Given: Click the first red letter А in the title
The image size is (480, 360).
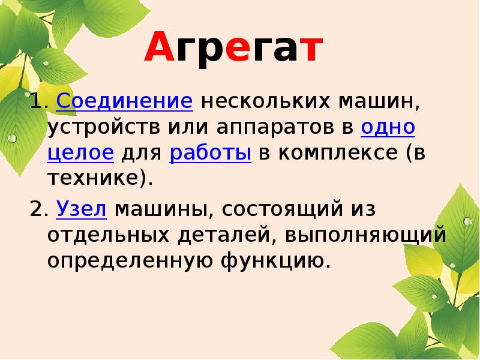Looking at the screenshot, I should click(x=157, y=50).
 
